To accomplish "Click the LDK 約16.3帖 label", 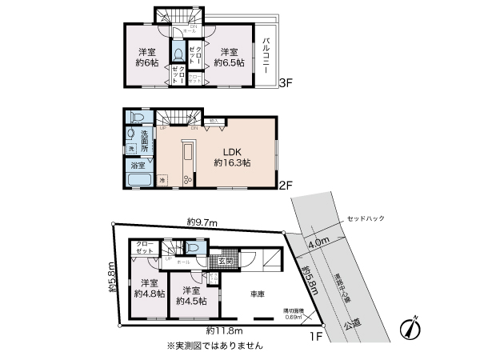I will pyautogui.click(x=232, y=155).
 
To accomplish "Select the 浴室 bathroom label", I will pyautogui.click(x=138, y=166).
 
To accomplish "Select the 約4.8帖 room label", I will pyautogui.click(x=149, y=288).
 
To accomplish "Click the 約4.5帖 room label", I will pyautogui.click(x=192, y=295).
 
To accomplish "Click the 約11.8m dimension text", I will pyautogui.click(x=222, y=330).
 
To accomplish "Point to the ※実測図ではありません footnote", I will pyautogui.click(x=214, y=346).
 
